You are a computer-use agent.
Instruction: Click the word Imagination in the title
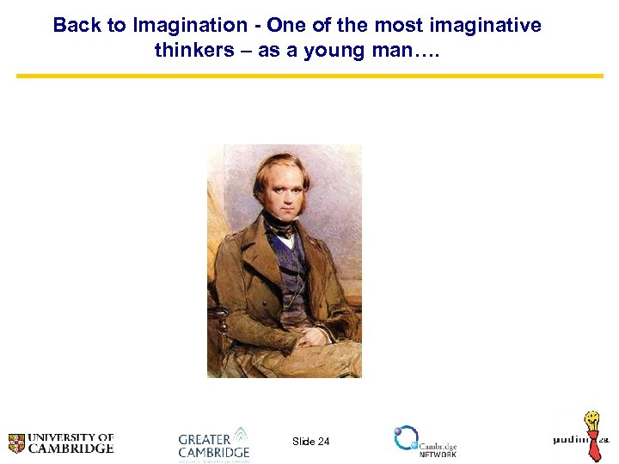(x=189, y=25)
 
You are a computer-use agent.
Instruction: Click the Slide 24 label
(x=310, y=442)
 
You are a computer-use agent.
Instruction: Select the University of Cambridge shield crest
(x=16, y=443)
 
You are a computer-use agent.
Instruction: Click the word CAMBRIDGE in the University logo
(x=71, y=449)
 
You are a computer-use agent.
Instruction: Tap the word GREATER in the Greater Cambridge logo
(x=205, y=440)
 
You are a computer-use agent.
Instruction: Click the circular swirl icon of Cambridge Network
(x=406, y=438)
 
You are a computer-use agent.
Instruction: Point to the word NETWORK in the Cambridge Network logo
(x=438, y=455)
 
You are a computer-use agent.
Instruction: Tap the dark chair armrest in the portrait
(x=221, y=318)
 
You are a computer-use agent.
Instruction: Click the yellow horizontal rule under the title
(x=309, y=76)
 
